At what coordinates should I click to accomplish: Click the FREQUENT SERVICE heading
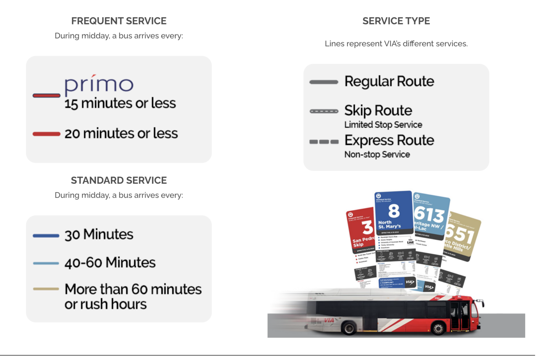coord(119,21)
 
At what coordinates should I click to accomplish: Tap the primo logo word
coord(99,84)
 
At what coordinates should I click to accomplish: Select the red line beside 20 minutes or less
coord(46,134)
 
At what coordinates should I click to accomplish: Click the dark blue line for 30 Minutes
coord(46,236)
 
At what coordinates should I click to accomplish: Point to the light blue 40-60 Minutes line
coord(46,263)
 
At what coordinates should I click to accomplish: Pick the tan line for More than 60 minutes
coord(46,289)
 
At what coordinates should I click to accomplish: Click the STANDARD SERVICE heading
coord(119,181)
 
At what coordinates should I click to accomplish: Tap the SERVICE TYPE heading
coord(396,21)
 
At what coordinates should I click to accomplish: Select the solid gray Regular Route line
coord(324,82)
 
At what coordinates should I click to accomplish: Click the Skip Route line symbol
coord(324,111)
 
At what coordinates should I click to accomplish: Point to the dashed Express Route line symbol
coord(324,142)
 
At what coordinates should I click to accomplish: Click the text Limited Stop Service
coord(383,125)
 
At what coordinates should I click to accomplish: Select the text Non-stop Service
coord(377,155)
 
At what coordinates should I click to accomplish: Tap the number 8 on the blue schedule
coord(394,211)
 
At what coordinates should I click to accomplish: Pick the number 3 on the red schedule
coord(367,227)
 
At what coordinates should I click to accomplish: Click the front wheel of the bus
coord(438,328)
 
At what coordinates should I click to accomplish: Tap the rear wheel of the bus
coord(349,328)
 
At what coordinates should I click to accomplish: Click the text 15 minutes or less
coord(120,104)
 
